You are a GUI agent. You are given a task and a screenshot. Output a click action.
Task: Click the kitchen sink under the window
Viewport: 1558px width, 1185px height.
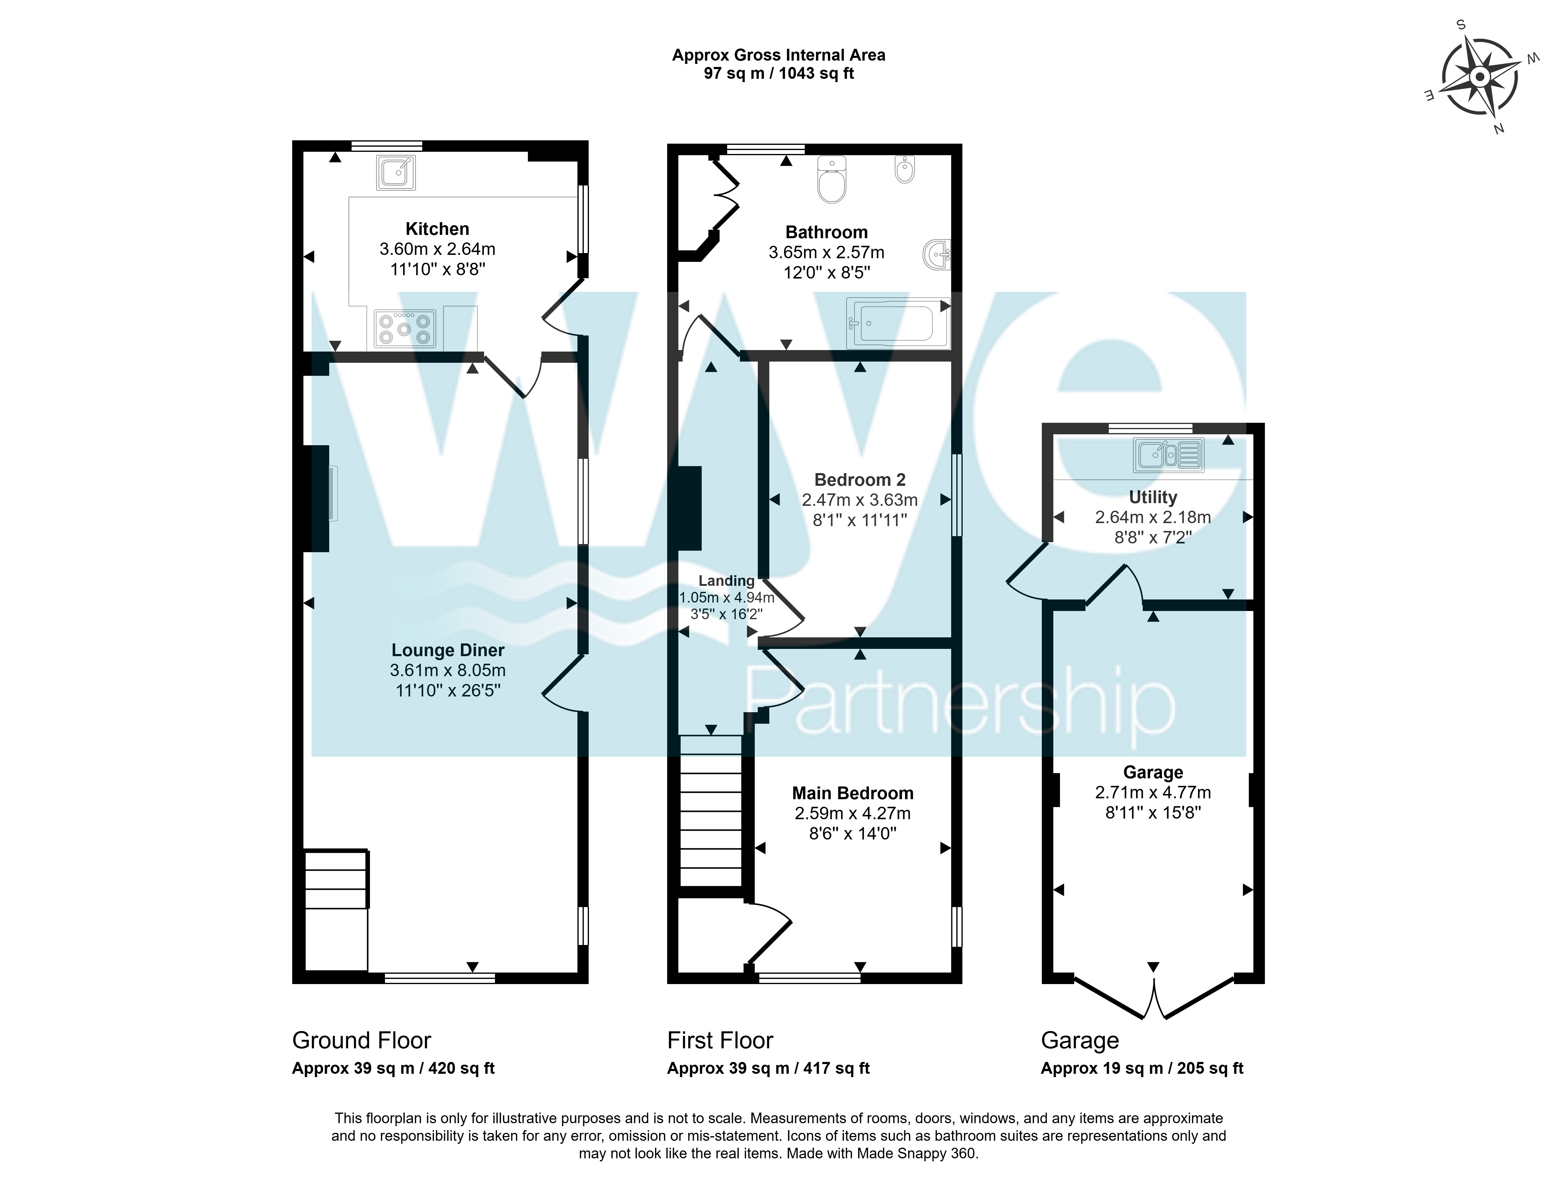pyautogui.click(x=396, y=172)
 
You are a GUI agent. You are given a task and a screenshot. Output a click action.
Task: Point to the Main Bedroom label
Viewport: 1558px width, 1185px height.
pyautogui.click(x=853, y=793)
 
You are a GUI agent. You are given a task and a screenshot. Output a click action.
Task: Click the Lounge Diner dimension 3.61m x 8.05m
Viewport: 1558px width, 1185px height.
pyautogui.click(x=448, y=670)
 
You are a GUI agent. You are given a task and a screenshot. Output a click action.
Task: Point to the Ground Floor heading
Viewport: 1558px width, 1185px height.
pyautogui.click(x=362, y=1040)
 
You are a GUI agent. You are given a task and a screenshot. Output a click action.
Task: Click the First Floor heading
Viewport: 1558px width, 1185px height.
pyautogui.click(x=720, y=1040)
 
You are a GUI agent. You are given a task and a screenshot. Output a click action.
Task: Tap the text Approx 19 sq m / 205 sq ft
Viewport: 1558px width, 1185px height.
pyautogui.click(x=1142, y=1069)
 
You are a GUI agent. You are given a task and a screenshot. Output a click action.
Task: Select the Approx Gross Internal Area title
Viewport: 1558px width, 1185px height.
pyautogui.click(x=779, y=55)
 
